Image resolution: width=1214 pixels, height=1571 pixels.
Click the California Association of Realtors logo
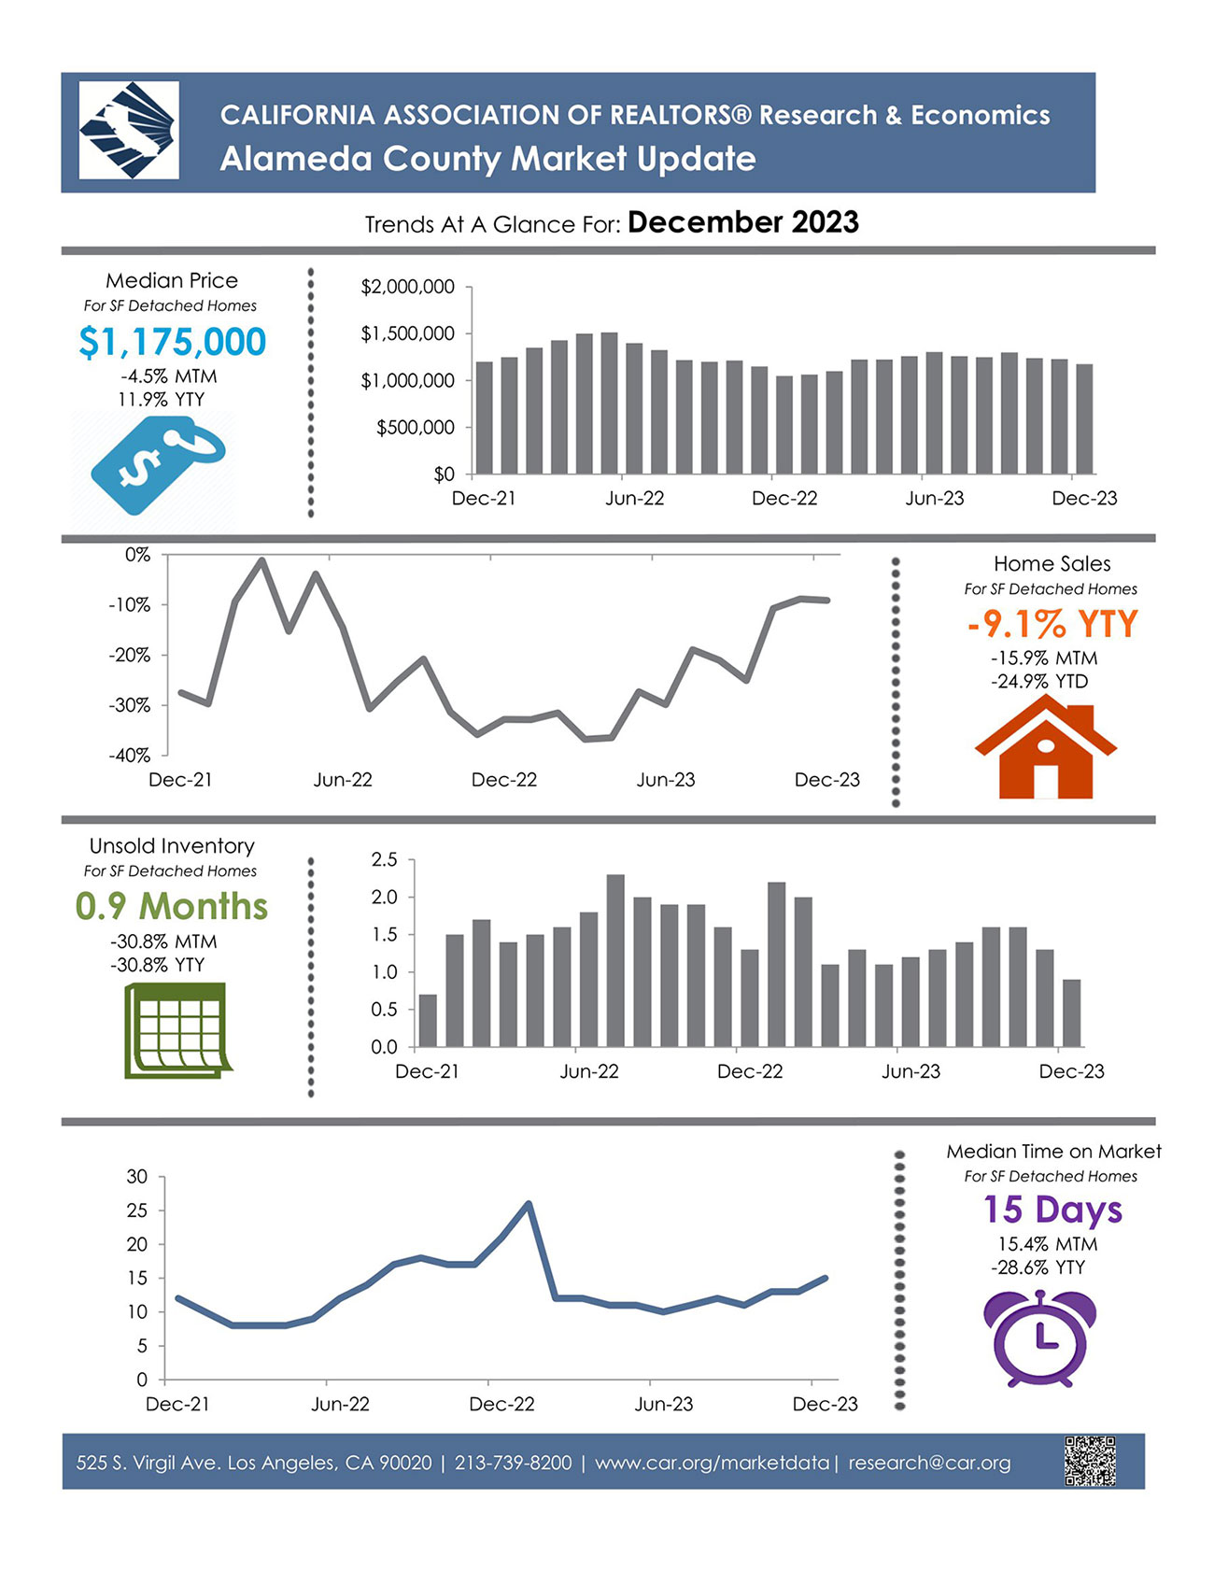coord(129,131)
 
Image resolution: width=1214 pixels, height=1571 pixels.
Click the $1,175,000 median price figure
coord(172,342)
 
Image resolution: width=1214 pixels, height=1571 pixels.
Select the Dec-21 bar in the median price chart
coord(485,418)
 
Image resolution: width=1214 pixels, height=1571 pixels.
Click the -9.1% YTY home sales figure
coord(1052,624)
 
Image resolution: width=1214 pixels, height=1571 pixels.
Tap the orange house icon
coord(1045,752)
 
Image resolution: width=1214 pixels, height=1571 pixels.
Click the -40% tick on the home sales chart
coord(130,755)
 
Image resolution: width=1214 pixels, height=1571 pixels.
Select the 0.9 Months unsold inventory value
coord(172,906)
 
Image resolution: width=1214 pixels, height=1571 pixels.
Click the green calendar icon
coord(176,1030)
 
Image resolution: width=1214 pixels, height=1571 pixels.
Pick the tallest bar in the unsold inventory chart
coord(615,960)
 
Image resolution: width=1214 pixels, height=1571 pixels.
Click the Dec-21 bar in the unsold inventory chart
coord(428,1020)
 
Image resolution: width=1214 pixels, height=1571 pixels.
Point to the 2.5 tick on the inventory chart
coord(384,859)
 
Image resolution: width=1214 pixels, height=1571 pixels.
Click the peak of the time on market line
coord(529,1204)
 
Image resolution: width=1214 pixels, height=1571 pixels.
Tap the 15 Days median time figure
coord(1052,1210)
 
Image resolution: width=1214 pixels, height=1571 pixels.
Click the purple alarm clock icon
coord(1041,1337)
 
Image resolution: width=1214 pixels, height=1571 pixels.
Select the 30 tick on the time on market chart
coord(137,1177)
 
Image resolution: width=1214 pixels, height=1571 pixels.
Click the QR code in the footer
coord(1090,1461)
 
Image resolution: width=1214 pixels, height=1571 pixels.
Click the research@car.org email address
coord(929,1463)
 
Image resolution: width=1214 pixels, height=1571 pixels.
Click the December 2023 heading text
coord(742,222)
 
